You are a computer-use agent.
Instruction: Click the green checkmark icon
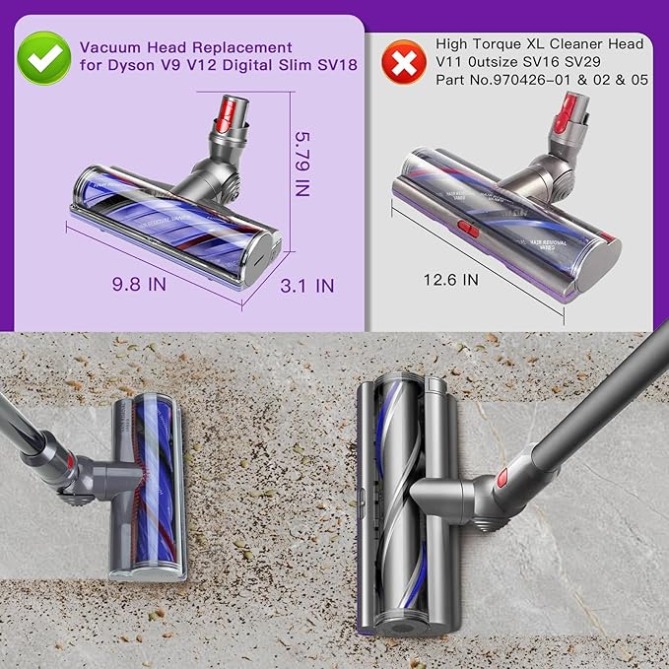43,58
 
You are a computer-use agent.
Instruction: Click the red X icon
401,63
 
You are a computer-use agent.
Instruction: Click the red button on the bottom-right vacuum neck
502,478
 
